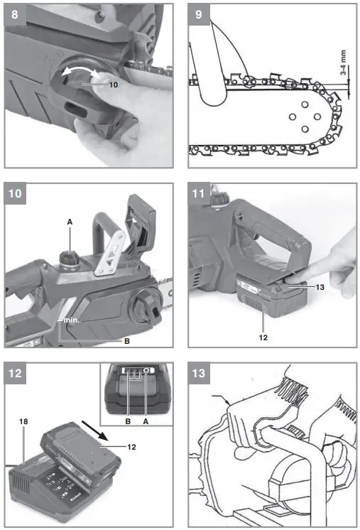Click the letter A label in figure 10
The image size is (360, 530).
(70, 222)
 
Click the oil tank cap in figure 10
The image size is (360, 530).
(70, 256)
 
